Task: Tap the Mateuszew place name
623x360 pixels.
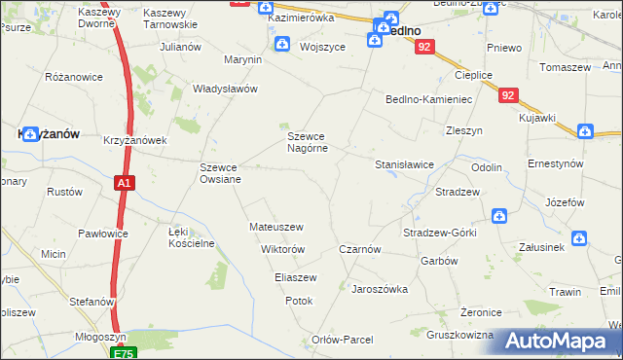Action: coord(276,227)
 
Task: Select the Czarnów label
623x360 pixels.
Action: coord(359,249)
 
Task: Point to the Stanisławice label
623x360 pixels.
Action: coord(404,164)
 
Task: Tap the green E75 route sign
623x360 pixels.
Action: coord(124,353)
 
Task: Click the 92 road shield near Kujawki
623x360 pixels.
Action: coord(508,95)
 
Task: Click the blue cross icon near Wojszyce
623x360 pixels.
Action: coord(281,43)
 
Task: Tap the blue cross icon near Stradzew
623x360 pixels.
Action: coord(498,216)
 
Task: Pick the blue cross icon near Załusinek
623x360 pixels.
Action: coord(578,237)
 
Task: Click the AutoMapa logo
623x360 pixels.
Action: coord(561,341)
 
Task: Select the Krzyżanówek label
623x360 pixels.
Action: coord(135,140)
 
